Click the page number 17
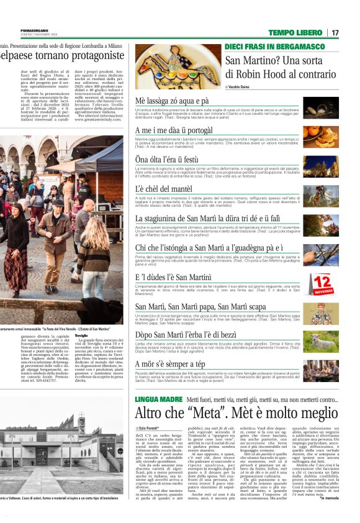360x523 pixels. pyautogui.click(x=335, y=32)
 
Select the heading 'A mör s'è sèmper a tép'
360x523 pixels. pyautogui.click(x=169, y=363)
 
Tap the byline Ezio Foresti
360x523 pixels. pyautogui.click(x=151, y=429)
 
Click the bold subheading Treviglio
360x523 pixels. pyautogui.click(x=81, y=335)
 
